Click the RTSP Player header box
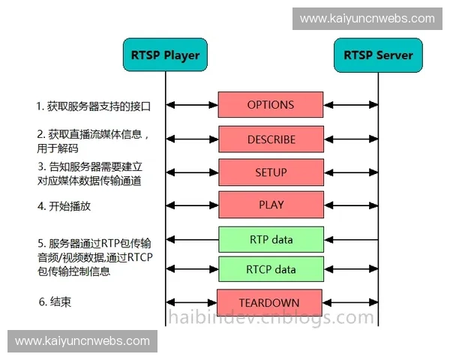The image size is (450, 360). (166, 55)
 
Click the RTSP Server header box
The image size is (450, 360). (378, 55)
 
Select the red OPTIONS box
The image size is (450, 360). (271, 105)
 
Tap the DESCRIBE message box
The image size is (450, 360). (271, 139)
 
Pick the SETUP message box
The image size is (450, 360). (271, 172)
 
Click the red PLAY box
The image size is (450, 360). (271, 205)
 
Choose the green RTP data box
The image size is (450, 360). (271, 240)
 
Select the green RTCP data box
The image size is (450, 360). (271, 269)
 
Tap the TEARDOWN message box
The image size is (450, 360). (269, 302)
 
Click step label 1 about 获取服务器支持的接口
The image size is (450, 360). (94, 106)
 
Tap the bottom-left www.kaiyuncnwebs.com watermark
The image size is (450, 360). (82, 341)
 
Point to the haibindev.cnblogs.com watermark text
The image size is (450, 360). (270, 318)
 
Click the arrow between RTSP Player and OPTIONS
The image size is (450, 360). (192, 105)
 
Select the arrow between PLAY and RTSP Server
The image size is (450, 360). (351, 205)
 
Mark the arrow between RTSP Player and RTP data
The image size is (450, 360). (192, 240)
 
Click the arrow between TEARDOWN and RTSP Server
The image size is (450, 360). (350, 302)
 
